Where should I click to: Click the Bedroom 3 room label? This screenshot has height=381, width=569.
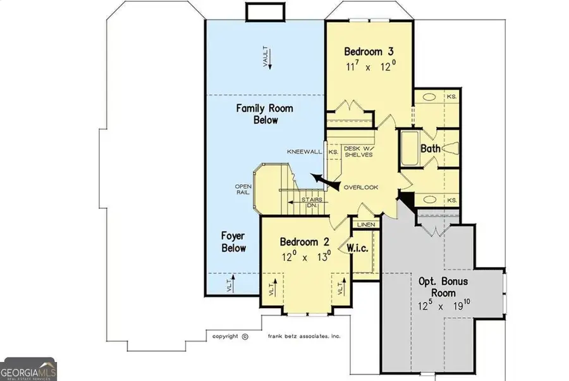(x=370, y=51)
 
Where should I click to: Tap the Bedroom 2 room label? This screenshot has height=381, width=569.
(x=305, y=242)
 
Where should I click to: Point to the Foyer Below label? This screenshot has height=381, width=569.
(x=233, y=242)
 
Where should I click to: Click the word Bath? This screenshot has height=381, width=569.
(x=431, y=149)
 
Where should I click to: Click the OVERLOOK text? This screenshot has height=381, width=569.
(x=360, y=187)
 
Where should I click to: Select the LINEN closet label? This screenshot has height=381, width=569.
(x=365, y=225)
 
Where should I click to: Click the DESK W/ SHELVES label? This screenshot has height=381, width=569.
(x=358, y=152)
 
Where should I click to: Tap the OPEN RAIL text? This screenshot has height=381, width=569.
(x=243, y=190)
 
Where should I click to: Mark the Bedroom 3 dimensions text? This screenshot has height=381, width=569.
(x=370, y=66)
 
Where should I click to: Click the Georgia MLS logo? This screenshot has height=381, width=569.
(x=28, y=367)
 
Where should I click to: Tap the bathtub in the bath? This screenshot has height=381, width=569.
(x=408, y=149)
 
